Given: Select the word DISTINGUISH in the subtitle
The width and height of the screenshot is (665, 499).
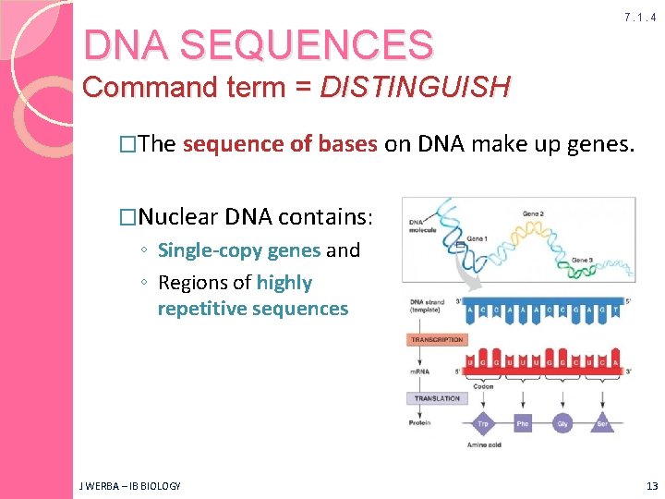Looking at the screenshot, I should [415, 88].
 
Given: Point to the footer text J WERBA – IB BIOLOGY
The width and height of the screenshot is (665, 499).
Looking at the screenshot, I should [129, 486].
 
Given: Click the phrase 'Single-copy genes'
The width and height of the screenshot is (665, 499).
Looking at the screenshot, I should [239, 250].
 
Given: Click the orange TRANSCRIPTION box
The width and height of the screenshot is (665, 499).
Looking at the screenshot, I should [437, 340].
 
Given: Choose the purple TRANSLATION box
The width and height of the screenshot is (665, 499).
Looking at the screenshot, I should [437, 398].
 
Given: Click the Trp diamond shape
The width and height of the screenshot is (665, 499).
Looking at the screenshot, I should [482, 425].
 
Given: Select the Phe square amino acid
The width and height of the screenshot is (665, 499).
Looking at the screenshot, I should [524, 425].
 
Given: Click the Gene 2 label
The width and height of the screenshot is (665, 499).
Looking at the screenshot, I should [534, 213].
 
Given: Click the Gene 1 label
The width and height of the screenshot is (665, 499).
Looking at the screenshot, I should [477, 238].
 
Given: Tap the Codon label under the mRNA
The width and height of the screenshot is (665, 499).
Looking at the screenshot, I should [483, 386].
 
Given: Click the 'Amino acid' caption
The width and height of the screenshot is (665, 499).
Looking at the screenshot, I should [484, 445].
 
